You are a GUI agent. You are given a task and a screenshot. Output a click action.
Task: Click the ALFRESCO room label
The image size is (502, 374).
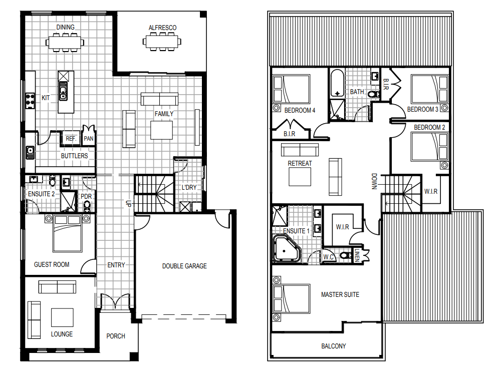[162, 28]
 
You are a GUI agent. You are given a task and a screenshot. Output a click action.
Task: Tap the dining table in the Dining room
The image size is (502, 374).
[65, 42]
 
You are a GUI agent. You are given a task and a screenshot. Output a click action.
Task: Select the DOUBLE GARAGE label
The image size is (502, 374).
[184, 266]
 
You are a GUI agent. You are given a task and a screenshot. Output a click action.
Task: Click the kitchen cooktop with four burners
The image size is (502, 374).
[30, 100]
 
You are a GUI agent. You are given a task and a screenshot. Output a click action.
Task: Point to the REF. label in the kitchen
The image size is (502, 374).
[71, 139]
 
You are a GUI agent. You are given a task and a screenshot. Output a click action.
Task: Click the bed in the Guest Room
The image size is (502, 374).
[67, 233]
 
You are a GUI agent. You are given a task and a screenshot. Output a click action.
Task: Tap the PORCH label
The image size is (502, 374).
[116, 336]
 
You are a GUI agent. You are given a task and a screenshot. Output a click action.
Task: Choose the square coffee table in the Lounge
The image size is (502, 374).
[62, 318]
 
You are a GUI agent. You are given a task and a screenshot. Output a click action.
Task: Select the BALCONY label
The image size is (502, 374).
[333, 346]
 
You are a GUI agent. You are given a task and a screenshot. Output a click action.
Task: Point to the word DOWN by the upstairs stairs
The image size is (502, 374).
[374, 181]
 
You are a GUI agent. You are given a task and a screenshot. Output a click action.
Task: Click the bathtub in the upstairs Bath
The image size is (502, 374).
[337, 83]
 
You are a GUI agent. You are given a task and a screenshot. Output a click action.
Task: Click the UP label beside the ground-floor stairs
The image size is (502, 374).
[128, 203]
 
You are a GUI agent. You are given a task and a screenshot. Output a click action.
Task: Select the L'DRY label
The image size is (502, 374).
[189, 187]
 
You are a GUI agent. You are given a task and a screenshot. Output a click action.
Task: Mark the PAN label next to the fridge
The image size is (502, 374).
[88, 139]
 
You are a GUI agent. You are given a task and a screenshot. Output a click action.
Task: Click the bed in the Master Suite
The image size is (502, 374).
[292, 298]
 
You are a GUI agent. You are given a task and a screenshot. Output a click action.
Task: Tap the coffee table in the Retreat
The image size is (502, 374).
[300, 177]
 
